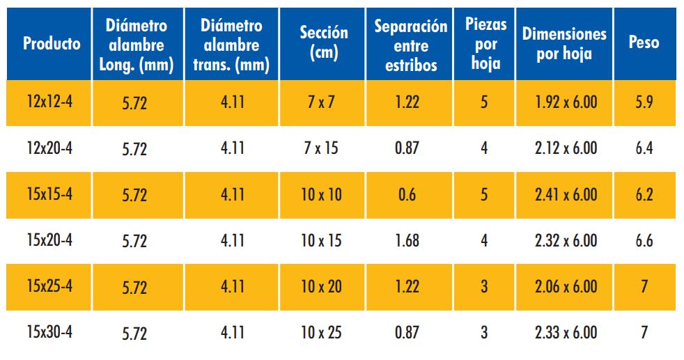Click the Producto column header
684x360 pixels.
pyautogui.click(x=52, y=44)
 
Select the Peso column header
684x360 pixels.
pyautogui.click(x=644, y=43)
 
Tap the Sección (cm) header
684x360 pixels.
pyautogui.click(x=323, y=43)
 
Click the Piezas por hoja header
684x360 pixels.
pyautogui.click(x=485, y=44)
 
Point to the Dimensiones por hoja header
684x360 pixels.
pyautogui.click(x=564, y=44)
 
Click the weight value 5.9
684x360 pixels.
pyautogui.click(x=644, y=102)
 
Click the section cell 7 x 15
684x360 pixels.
pyautogui.click(x=321, y=148)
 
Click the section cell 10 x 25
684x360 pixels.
pyautogui.click(x=321, y=332)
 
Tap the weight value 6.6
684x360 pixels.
pyautogui.click(x=644, y=240)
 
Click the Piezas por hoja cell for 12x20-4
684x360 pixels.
pyautogui.click(x=484, y=148)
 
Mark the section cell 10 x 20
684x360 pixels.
pyautogui.click(x=321, y=286)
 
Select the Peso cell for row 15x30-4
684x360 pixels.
pyautogui.click(x=644, y=332)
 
